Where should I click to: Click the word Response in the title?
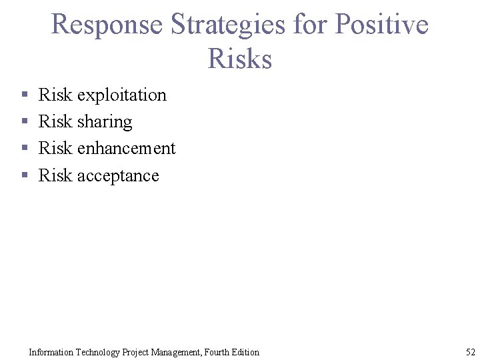pos(107,25)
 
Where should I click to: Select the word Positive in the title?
pos(381,25)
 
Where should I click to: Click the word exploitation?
pos(122,95)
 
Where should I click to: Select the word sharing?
pos(105,122)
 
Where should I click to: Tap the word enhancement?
pos(126,148)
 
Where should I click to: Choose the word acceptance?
pos(118,175)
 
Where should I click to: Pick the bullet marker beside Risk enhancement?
pos(24,149)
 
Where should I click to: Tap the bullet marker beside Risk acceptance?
pos(24,176)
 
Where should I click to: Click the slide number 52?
pos(470,352)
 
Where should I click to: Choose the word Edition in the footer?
pos(245,352)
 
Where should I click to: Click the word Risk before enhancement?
pos(55,148)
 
